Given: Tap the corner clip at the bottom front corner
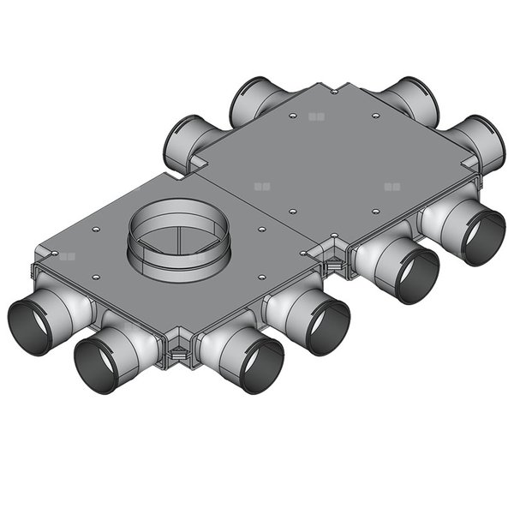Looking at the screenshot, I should (177, 350).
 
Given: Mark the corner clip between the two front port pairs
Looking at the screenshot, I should (330, 260).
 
